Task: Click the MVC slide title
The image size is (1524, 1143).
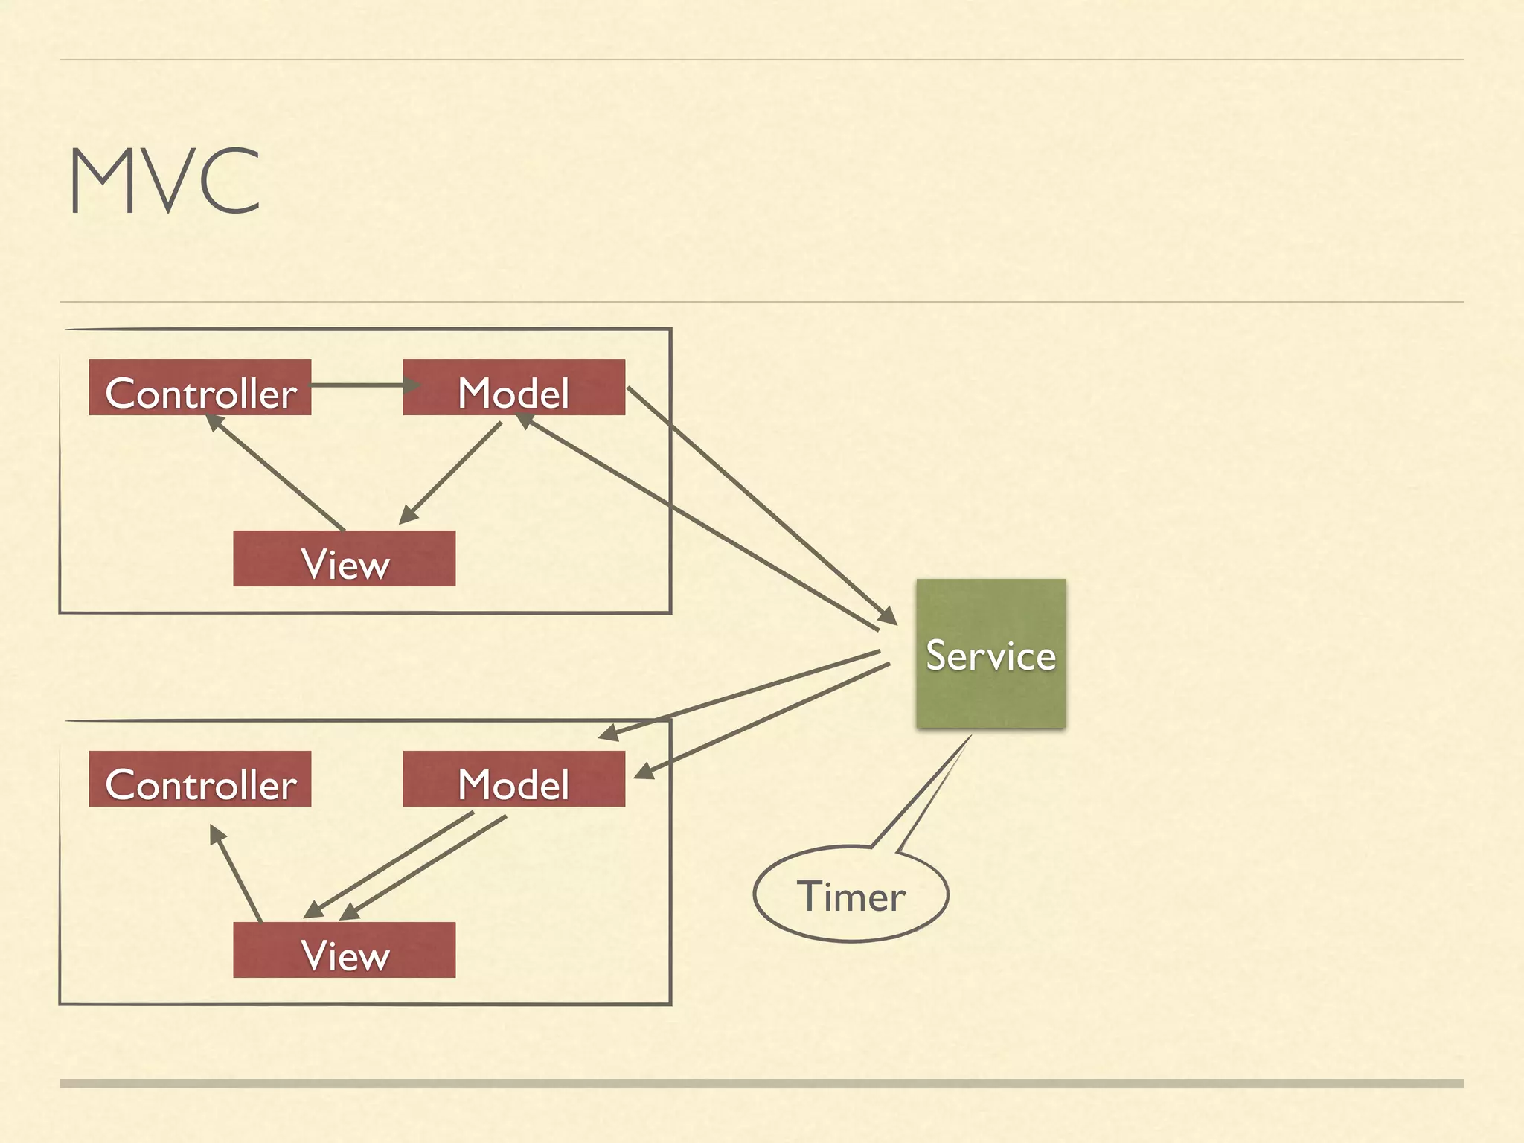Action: point(164,181)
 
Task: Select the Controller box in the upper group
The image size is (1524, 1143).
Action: point(199,388)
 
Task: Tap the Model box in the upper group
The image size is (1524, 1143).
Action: point(513,388)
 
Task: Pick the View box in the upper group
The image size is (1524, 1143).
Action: point(344,559)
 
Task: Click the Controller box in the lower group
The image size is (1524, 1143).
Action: point(199,779)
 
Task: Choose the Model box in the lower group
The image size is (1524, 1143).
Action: point(513,779)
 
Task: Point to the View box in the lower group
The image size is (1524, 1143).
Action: point(344,950)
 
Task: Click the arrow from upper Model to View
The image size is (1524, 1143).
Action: point(450,473)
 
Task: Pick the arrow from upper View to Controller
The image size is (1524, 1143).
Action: point(275,473)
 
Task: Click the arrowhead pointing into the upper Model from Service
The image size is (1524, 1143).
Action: point(525,421)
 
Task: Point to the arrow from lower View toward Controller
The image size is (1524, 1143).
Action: point(237,874)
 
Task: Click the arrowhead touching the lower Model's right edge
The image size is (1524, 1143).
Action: point(644,772)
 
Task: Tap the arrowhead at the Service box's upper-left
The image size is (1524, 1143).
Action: point(888,616)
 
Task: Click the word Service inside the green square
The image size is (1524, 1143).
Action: point(990,656)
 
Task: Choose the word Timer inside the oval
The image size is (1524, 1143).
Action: point(851,897)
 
